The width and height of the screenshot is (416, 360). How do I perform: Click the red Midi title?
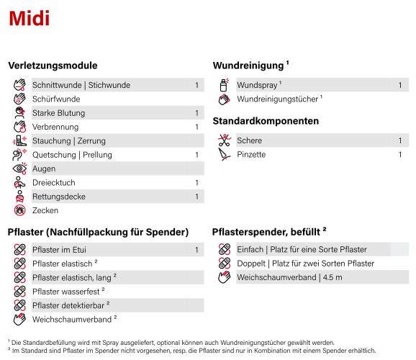[29, 19]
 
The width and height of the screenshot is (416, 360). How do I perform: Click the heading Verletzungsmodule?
[53, 66]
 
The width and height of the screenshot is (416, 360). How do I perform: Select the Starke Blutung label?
[59, 113]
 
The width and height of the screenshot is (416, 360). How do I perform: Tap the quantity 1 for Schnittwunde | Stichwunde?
[196, 85]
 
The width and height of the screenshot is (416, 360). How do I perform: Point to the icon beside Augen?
[19, 168]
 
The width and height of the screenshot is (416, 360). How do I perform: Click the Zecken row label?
[45, 211]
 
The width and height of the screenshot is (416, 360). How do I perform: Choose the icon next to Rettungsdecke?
[19, 197]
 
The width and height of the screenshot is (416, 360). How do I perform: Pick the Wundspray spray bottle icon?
[224, 85]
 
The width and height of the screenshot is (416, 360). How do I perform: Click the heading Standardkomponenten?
[266, 121]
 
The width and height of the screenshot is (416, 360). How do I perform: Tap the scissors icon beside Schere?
[224, 140]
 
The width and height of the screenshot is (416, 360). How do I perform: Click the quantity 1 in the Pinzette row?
[400, 155]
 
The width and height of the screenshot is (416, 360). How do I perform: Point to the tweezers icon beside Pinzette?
[224, 155]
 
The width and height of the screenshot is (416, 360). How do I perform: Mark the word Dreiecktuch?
[54, 183]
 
